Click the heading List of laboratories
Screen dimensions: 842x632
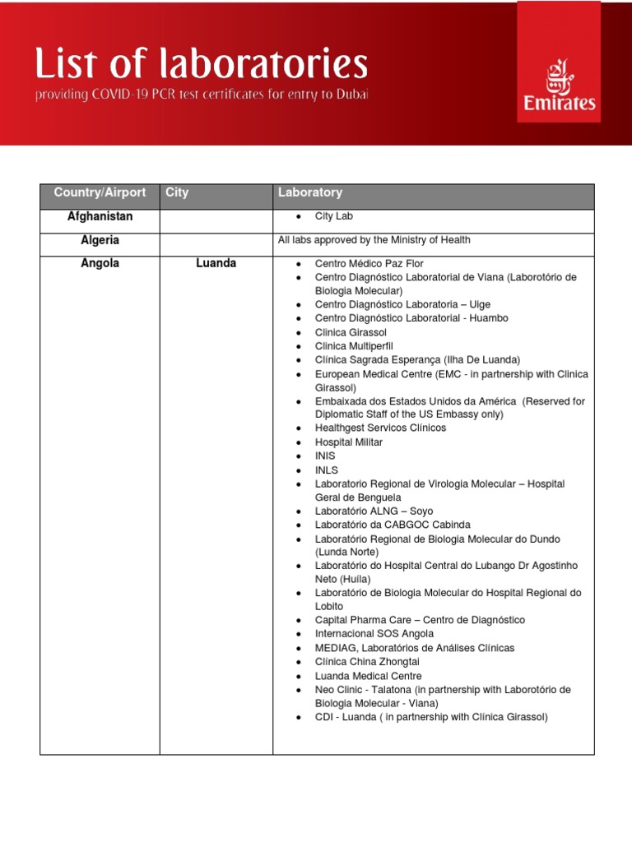(201, 64)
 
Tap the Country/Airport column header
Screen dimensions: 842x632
(100, 192)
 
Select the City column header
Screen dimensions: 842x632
(177, 192)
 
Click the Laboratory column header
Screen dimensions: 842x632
(310, 192)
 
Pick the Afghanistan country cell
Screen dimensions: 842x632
(100, 217)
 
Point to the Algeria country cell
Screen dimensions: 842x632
(100, 240)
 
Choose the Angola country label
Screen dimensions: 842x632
(100, 263)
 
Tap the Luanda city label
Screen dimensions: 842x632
(216, 263)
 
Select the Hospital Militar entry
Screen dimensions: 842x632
(349, 442)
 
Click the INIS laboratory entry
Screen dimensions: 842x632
(325, 456)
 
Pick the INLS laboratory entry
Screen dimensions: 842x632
(326, 470)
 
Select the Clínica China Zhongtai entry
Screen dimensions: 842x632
(368, 662)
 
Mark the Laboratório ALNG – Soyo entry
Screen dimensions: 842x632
(374, 511)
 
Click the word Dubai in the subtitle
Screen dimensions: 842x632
(352, 95)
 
